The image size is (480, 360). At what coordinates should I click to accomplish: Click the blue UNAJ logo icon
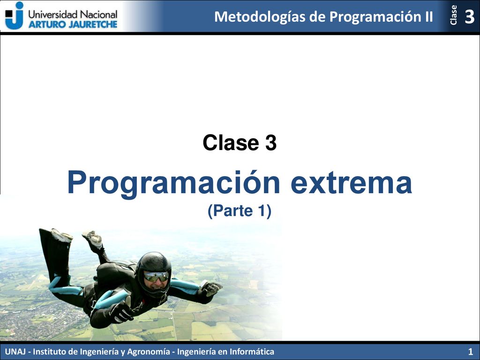point(15,15)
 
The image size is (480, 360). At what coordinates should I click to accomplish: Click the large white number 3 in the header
point(470,16)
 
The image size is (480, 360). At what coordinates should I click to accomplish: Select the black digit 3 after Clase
point(271,142)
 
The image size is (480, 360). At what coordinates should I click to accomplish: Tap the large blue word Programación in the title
point(173,184)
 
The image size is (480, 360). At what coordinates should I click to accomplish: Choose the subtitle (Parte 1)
point(240,211)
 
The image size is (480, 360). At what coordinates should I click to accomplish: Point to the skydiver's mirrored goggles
point(156,277)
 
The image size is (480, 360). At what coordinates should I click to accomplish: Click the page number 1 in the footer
point(470,352)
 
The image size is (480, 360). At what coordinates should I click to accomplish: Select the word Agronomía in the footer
point(149,352)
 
